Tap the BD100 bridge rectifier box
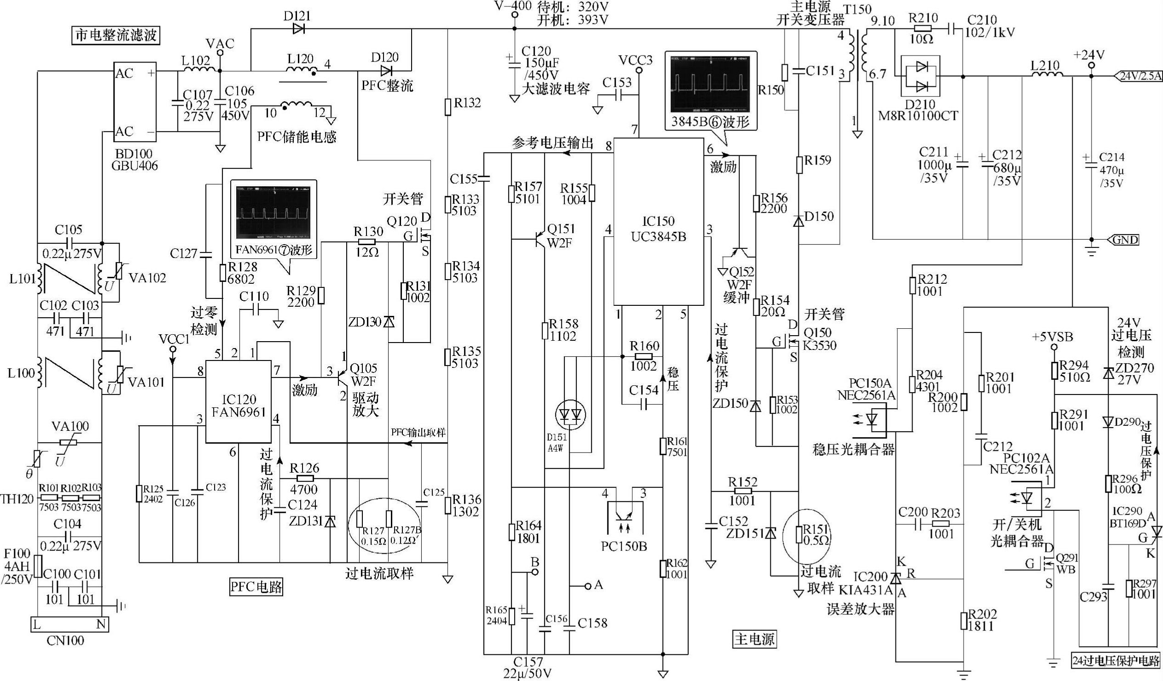coord(135,103)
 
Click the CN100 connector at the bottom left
coord(69,625)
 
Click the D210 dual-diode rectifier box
coord(921,76)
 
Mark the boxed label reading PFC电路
coord(256,587)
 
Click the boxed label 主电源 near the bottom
coord(754,639)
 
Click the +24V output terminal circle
coord(1091,66)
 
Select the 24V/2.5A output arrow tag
coord(1136,76)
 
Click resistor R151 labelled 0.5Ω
coord(799,535)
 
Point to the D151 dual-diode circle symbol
coord(570,413)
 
